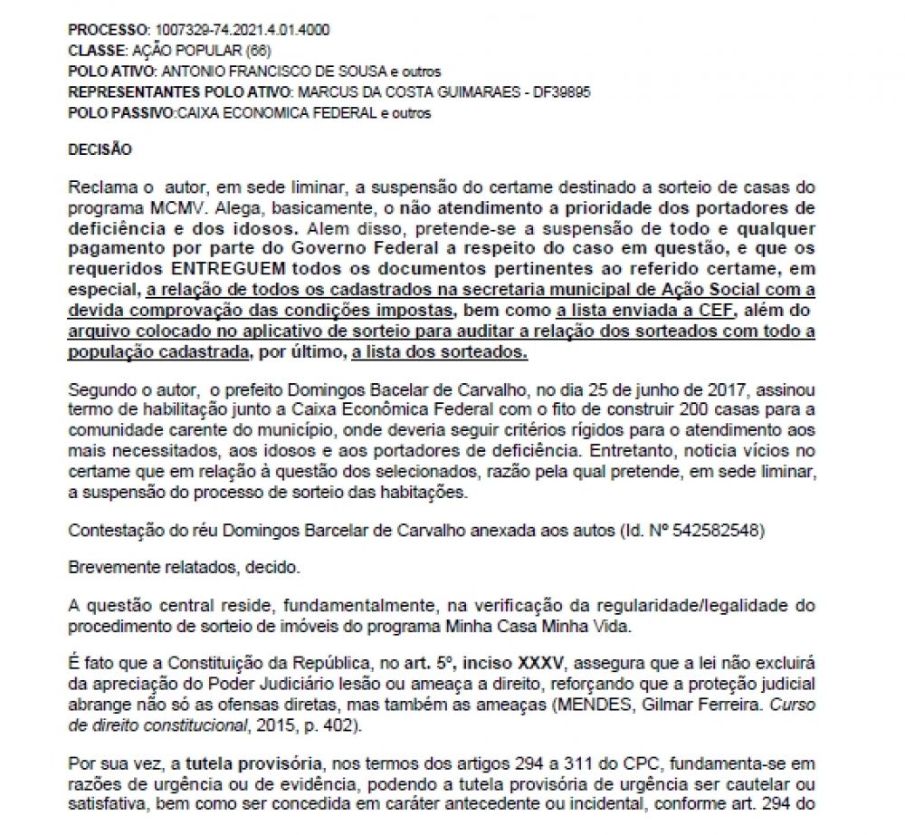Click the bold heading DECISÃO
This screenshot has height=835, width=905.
pyautogui.click(x=100, y=149)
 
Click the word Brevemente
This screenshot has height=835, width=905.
pyautogui.click(x=110, y=566)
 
